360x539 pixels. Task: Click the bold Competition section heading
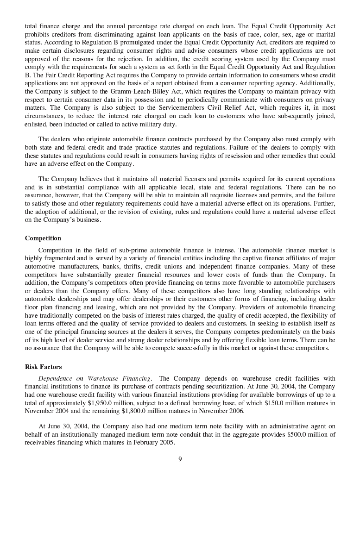point(43,238)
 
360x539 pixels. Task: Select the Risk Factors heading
point(43,367)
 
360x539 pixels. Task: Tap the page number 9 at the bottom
point(180,459)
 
